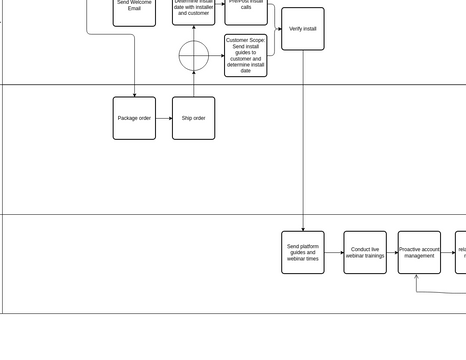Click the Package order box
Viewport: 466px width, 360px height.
coord(134,118)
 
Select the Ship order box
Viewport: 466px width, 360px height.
coord(193,118)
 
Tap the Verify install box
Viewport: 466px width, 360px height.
coord(302,29)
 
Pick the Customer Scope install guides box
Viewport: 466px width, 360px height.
coord(246,56)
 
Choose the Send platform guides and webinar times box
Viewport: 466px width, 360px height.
coord(302,252)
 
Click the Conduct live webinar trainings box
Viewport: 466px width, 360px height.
coord(365,252)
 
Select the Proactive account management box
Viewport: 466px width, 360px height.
coord(419,252)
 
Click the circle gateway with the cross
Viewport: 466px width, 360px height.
coord(194,56)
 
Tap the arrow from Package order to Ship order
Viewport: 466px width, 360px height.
coord(164,118)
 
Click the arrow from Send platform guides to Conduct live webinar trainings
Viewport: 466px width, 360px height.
coord(334,252)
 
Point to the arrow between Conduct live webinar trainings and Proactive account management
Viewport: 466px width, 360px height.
coord(392,252)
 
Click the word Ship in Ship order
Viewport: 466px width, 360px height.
coord(187,118)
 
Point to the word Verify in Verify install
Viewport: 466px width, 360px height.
coord(296,29)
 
